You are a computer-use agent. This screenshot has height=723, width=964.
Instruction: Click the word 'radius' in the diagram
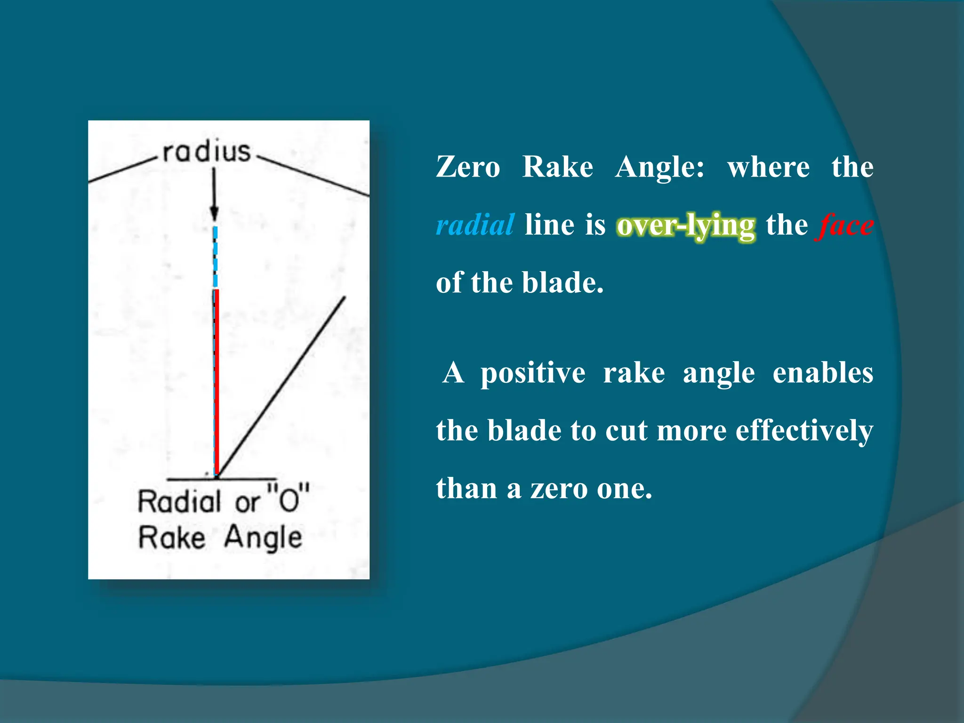207,152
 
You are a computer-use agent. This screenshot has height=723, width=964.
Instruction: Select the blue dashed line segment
216,257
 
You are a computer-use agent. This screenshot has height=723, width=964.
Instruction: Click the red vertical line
217,381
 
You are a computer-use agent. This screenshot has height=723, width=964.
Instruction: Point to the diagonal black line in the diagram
282,386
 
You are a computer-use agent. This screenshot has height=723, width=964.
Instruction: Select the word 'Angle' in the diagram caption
263,538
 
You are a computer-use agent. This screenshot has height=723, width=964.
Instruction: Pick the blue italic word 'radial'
474,225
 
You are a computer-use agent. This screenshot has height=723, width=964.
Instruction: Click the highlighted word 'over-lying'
686,225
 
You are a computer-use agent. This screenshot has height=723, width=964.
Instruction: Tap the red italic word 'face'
846,225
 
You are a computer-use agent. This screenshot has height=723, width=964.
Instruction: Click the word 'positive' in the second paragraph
533,373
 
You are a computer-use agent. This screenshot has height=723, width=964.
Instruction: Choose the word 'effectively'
804,431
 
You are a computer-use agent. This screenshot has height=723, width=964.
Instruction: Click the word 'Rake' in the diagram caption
172,538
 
